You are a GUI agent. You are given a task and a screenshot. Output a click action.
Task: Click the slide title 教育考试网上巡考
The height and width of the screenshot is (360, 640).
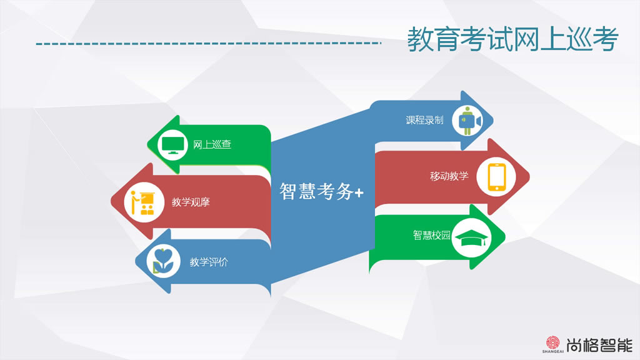pyautogui.click(x=512, y=39)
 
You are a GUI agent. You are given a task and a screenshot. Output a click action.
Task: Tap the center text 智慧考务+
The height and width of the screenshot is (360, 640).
pyautogui.click(x=321, y=191)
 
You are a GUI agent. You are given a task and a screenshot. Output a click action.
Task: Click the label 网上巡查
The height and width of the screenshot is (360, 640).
pyautogui.click(x=212, y=144)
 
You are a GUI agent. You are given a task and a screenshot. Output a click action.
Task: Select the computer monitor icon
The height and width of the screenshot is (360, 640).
pyautogui.click(x=172, y=145)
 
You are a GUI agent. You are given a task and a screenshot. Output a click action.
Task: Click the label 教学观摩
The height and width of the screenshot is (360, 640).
pyautogui.click(x=191, y=202)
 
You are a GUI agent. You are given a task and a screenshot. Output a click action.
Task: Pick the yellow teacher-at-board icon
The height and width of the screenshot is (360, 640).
pyautogui.click(x=143, y=202)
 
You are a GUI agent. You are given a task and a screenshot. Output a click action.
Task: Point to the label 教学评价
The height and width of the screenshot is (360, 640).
pyautogui.click(x=209, y=262)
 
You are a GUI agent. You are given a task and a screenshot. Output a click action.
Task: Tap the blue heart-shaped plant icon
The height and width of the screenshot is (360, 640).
pyautogui.click(x=163, y=261)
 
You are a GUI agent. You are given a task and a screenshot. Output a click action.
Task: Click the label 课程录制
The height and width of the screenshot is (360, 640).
pyautogui.click(x=424, y=120)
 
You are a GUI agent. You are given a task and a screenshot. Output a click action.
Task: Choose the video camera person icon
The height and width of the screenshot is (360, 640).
pyautogui.click(x=469, y=121)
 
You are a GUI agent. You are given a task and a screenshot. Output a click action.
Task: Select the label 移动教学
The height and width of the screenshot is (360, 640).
pyautogui.click(x=449, y=176)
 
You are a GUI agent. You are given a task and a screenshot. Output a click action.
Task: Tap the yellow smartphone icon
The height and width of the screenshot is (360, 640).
pyautogui.click(x=497, y=177)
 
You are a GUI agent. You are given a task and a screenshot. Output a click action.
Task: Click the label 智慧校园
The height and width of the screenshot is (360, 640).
pyautogui.click(x=431, y=235)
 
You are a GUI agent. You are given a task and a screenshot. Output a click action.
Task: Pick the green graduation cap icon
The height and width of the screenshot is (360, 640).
pyautogui.click(x=471, y=238)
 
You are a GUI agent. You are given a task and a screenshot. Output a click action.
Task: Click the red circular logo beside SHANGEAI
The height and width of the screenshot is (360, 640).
pyautogui.click(x=552, y=342)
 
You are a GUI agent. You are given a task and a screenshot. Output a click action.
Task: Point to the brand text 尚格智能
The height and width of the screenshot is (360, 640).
pyautogui.click(x=599, y=345)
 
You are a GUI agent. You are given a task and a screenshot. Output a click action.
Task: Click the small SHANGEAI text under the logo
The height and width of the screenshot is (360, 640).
pyautogui.click(x=552, y=351)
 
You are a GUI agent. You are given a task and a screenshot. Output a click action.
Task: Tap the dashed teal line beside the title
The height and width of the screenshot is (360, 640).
pyautogui.click(x=209, y=43)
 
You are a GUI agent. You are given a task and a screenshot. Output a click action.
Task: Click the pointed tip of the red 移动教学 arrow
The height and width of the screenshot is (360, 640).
pyautogui.click(x=529, y=176)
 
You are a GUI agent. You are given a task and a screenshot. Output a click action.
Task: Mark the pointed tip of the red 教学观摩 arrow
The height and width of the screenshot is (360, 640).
pyautogui.click(x=111, y=201)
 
